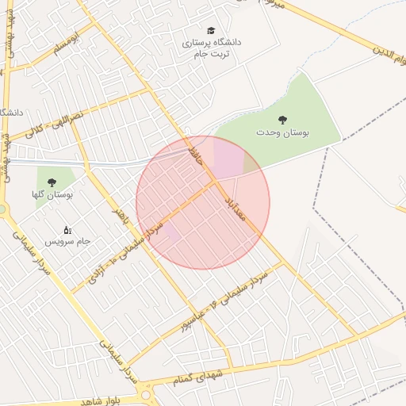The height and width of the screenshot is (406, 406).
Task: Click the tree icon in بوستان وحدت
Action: click(282, 120)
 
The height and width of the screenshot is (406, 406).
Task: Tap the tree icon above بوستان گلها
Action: click(52, 182)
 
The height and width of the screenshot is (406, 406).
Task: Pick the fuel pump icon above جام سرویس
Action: click(67, 229)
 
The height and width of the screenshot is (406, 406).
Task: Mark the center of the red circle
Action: click(203, 203)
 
